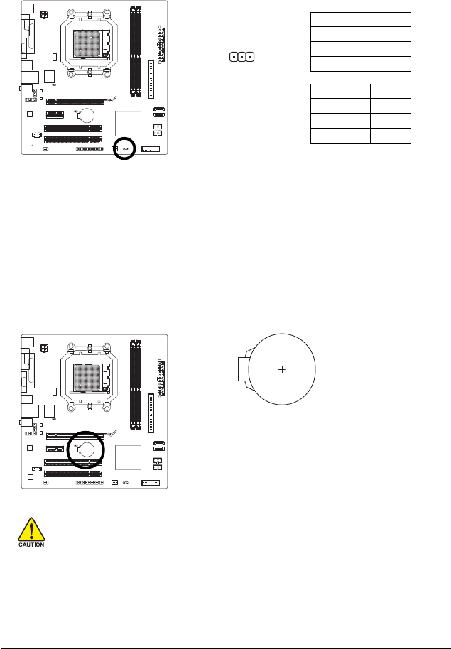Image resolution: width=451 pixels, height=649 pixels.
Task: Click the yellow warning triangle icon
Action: click(31, 529)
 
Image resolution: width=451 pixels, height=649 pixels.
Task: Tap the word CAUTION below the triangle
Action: click(31, 545)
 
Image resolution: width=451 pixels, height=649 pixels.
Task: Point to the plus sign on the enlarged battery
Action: click(282, 370)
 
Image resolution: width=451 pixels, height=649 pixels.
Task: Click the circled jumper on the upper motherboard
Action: click(125, 148)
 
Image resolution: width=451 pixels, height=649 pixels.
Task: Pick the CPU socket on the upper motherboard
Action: click(89, 45)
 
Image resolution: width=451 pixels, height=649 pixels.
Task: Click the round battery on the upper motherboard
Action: click(88, 114)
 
